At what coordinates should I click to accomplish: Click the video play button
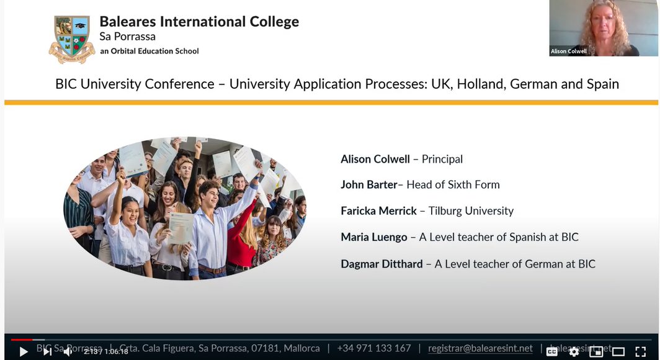coord(24,351)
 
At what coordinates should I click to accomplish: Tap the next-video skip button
coord(47,351)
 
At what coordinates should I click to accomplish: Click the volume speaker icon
coord(68,351)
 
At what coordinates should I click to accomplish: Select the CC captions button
coord(551,351)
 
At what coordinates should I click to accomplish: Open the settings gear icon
coord(574,351)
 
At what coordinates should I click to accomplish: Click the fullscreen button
coord(641,351)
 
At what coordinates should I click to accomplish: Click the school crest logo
coord(72,38)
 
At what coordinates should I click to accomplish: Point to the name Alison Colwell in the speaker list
coord(375,159)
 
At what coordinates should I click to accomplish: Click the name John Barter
coord(369,184)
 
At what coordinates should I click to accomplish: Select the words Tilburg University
coord(471,211)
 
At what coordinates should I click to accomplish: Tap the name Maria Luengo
coord(374,237)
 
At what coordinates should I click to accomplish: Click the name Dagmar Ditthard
coord(381,264)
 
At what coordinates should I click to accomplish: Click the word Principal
coord(442,159)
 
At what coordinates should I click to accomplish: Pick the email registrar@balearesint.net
coord(480,348)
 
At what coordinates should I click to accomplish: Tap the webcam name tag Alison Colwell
coord(569,52)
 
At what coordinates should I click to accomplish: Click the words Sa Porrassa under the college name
coord(128,37)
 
